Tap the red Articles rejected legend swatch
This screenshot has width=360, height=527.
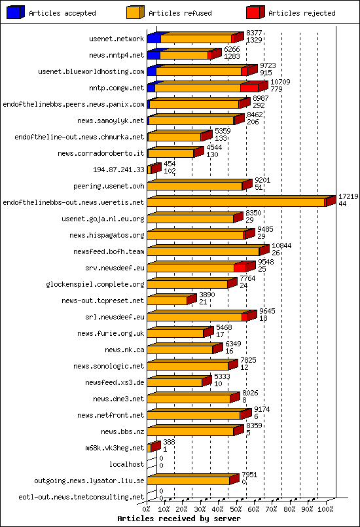[x=255, y=12]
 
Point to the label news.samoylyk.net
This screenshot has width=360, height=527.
[x=110, y=120]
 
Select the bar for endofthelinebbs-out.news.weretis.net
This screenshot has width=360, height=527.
[x=236, y=202]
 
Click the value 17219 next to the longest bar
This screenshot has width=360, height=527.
[x=348, y=196]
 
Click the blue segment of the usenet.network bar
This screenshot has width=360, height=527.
[x=153, y=39]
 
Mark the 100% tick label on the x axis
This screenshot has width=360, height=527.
[x=325, y=508]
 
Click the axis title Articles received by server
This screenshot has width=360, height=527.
[x=170, y=518]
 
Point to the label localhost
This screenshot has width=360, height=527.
[x=126, y=464]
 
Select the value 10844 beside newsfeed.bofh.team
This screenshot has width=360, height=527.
[x=281, y=245]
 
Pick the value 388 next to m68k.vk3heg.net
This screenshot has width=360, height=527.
[x=169, y=442]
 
